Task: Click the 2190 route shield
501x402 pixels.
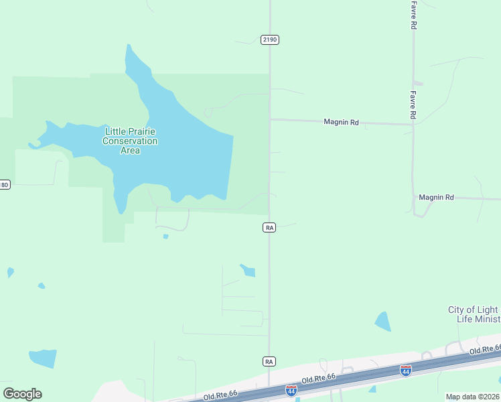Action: pyautogui.click(x=270, y=40)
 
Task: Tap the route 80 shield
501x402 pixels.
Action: pyautogui.click(x=5, y=184)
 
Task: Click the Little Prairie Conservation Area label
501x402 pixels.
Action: pyautogui.click(x=130, y=141)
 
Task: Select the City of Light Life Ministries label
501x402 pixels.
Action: pyautogui.click(x=474, y=314)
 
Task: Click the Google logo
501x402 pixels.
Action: pyautogui.click(x=22, y=394)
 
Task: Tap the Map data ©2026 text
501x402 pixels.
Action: pyautogui.click(x=473, y=397)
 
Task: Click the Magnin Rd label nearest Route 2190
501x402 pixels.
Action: pyautogui.click(x=341, y=122)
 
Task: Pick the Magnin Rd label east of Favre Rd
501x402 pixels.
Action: pyautogui.click(x=436, y=198)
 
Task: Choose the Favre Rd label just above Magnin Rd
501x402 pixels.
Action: pyautogui.click(x=413, y=106)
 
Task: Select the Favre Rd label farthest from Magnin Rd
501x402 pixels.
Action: pyautogui.click(x=414, y=15)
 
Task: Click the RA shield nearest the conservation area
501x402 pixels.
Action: pyautogui.click(x=269, y=228)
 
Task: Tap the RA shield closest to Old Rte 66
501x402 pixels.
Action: pyautogui.click(x=269, y=361)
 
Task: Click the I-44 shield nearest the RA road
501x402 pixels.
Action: pyautogui.click(x=291, y=390)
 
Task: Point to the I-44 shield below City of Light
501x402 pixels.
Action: pyautogui.click(x=405, y=370)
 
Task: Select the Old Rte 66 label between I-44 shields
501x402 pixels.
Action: pyautogui.click(x=319, y=380)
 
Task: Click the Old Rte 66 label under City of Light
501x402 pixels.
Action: pyautogui.click(x=484, y=349)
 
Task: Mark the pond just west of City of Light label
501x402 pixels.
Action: pyautogui.click(x=382, y=322)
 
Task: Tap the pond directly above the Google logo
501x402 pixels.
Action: pyautogui.click(x=44, y=358)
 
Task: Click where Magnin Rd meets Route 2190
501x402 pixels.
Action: pyautogui.click(x=270, y=120)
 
